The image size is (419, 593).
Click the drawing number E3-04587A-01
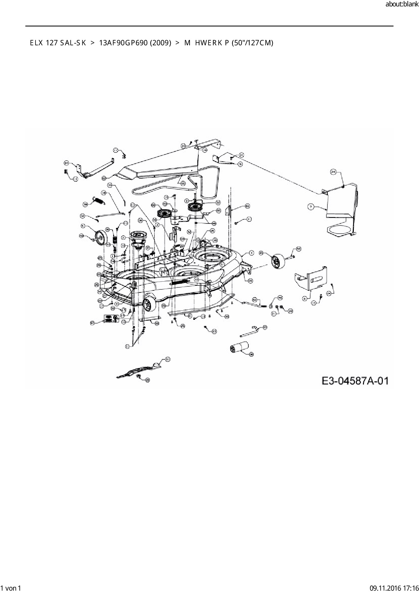pyautogui.click(x=355, y=381)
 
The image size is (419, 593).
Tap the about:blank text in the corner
pyautogui.click(x=402, y=4)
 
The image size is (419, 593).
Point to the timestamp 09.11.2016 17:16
pyautogui.click(x=394, y=588)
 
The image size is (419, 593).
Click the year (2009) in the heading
pyautogui.click(x=159, y=43)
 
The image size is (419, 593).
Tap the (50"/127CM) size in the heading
pyautogui.click(x=252, y=43)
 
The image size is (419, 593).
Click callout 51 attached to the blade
pyautogui.click(x=168, y=359)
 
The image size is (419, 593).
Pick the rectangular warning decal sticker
pyautogui.click(x=109, y=318)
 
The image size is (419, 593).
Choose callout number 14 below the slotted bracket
pyautogui.click(x=313, y=303)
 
